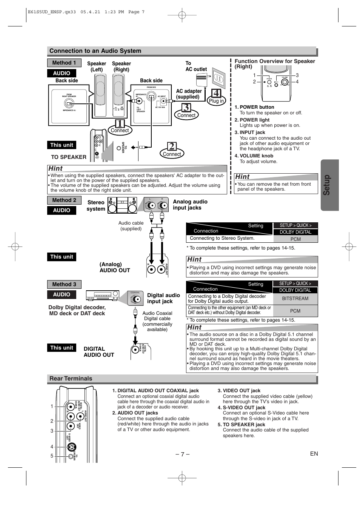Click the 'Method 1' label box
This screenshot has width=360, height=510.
click(64, 63)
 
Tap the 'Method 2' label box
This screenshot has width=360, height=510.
click(64, 200)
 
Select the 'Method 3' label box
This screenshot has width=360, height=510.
click(64, 284)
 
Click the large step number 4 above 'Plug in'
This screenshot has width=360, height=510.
click(216, 93)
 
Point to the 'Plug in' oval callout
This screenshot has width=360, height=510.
click(216, 101)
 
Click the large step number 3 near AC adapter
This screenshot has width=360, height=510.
click(186, 108)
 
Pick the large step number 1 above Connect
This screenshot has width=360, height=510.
click(120, 123)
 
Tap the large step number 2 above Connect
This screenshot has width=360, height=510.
click(172, 146)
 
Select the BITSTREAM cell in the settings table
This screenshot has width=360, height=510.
click(295, 298)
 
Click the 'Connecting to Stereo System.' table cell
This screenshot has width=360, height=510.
click(222, 238)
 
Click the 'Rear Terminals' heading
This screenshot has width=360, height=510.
click(71, 379)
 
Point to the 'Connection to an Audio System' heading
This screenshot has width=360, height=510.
click(95, 51)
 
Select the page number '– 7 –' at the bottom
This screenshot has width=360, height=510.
click(182, 454)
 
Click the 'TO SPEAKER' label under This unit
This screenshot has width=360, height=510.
click(69, 157)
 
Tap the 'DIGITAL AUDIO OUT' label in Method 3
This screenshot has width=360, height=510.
click(99, 352)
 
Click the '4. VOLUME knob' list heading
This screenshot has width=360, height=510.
click(254, 156)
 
